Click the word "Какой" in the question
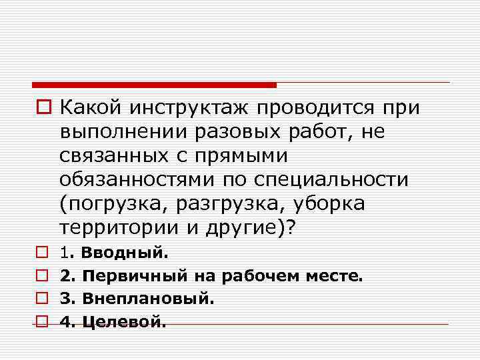pyautogui.click(x=90, y=107)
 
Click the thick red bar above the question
pyautogui.click(x=154, y=85)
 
